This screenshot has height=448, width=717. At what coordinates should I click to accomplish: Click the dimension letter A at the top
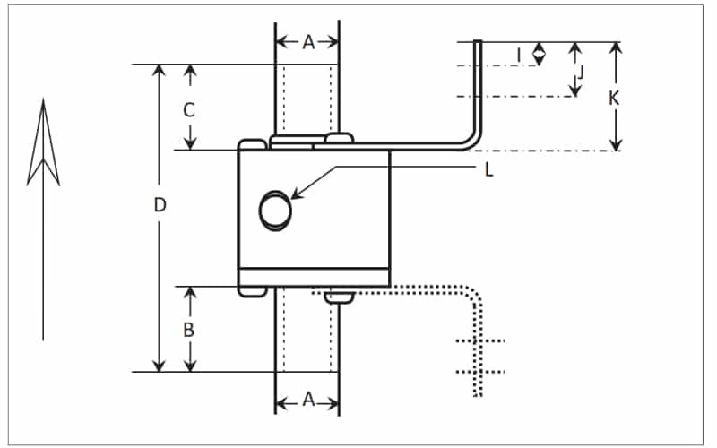307,42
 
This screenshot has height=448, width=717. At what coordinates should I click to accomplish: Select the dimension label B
189,329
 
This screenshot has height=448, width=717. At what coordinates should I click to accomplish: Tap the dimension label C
189,110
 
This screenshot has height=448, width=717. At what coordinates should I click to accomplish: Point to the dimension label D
160,204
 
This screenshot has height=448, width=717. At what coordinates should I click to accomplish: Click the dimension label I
519,56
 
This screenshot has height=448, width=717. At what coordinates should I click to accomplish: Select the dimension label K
614,99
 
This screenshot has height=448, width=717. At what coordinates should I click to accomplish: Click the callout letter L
488,170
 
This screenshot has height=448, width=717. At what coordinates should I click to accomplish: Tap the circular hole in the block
275,211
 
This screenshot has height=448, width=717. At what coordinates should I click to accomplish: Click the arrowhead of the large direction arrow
43,134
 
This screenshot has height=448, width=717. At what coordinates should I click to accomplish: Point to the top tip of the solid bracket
479,42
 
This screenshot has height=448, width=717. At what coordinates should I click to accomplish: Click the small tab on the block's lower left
251,290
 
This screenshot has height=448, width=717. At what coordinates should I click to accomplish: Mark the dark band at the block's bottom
314,278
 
